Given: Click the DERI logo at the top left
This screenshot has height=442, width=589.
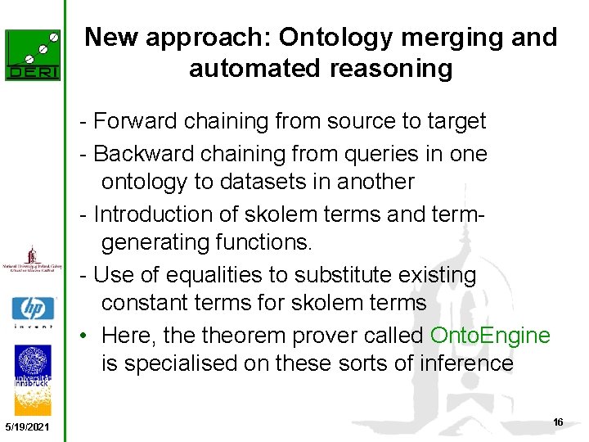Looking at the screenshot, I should click(33, 55).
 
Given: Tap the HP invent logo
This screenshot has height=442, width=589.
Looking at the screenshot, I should click(33, 312).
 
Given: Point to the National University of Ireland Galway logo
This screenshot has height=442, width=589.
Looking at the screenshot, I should click(33, 259).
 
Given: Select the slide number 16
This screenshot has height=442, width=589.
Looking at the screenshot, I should click(558, 422).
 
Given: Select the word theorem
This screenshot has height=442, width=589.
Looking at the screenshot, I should click(254, 336).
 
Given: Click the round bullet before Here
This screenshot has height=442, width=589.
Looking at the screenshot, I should click(83, 336).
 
